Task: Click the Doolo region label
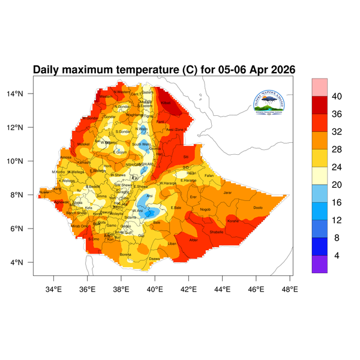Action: click(258, 208)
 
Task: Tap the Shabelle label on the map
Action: click(217, 232)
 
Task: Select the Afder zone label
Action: click(194, 240)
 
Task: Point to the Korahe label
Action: click(233, 221)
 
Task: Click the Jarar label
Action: click(227, 193)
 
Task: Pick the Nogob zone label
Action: click(206, 209)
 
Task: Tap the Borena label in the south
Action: click(126, 254)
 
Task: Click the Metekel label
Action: click(83, 144)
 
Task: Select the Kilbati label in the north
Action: click(166, 103)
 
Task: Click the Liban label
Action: click(172, 244)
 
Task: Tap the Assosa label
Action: click(65, 158)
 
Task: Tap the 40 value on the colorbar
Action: click(337, 96)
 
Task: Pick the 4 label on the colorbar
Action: click(337, 256)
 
